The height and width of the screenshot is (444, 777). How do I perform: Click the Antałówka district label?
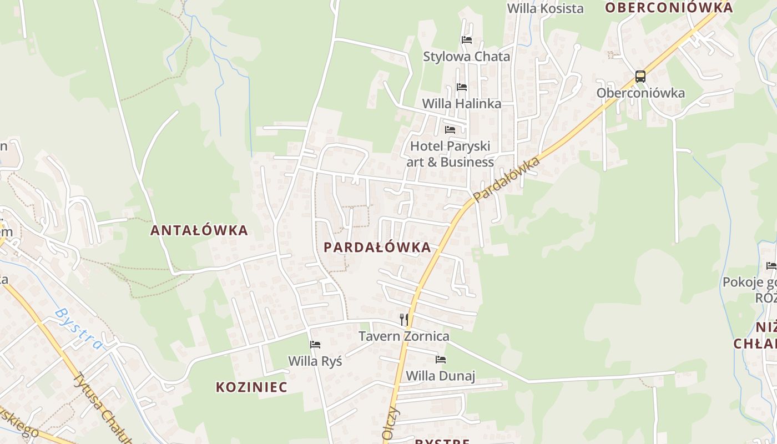[x=199, y=230]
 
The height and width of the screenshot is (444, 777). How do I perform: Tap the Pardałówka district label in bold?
[x=377, y=248]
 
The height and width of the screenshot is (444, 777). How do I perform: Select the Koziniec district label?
[x=251, y=387]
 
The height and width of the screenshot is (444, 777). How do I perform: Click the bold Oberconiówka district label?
[x=669, y=8]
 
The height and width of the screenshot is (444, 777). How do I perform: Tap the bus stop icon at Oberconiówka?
[x=640, y=77]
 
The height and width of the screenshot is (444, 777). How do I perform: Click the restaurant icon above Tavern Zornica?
[x=404, y=320]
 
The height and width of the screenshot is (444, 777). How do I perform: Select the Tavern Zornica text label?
[x=403, y=336]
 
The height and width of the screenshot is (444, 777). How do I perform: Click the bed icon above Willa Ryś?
[x=315, y=345]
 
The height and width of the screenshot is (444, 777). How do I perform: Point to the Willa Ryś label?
[x=315, y=361]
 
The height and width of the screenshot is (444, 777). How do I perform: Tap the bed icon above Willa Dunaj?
[x=441, y=360]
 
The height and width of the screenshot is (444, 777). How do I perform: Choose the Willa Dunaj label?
[x=441, y=376]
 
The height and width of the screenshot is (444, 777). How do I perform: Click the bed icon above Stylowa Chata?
[x=466, y=40]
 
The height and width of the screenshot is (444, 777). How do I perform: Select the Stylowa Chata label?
[x=466, y=57]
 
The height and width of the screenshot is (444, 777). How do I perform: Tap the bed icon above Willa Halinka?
[x=461, y=87]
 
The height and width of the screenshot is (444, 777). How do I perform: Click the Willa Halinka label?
[x=461, y=103]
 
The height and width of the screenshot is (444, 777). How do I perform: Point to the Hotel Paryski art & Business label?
[x=450, y=154]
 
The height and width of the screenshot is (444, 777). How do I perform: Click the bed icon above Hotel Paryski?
[x=450, y=130]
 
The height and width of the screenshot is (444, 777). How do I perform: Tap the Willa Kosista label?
[x=546, y=8]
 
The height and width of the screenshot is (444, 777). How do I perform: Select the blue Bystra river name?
[x=78, y=329]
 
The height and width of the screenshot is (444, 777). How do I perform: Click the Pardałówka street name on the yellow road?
[x=506, y=179]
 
